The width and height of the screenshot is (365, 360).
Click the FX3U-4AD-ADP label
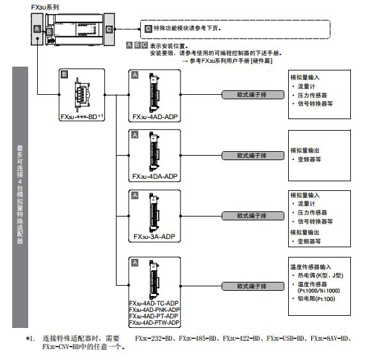(155, 117)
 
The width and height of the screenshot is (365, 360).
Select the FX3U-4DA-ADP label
(155, 177)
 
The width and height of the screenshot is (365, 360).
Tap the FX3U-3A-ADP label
(154, 236)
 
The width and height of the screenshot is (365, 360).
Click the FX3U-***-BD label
(79, 117)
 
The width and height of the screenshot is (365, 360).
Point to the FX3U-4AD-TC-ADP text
(154, 303)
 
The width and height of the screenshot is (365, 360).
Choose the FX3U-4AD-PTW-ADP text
(154, 322)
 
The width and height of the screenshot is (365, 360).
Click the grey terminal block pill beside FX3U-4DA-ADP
(253, 156)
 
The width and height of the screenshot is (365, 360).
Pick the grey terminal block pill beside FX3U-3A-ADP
(253, 216)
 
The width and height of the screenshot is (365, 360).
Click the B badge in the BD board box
(64, 74)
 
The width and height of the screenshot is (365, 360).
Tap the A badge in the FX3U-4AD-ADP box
(134, 75)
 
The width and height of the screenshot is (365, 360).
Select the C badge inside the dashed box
(148, 29)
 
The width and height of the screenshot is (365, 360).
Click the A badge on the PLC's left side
(37, 29)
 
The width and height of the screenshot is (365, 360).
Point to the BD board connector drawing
(82, 95)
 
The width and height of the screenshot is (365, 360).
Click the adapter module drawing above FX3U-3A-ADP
(154, 213)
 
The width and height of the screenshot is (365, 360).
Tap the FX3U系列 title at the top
(45, 8)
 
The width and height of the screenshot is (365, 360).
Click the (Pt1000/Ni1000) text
(319, 291)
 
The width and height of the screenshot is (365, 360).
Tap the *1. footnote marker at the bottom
(30, 338)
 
